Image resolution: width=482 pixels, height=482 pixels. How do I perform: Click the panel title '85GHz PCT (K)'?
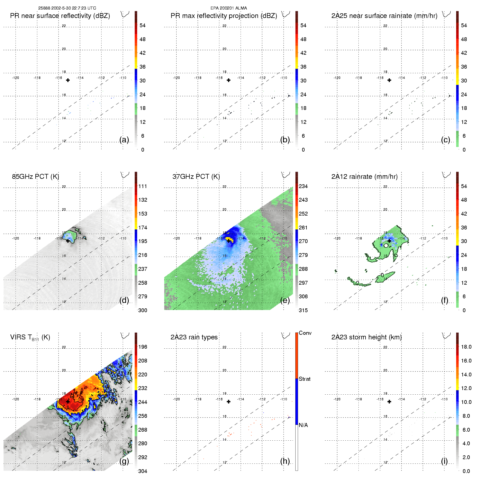click(x=35, y=177)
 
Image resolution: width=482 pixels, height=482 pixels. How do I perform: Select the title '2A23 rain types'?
click(x=194, y=337)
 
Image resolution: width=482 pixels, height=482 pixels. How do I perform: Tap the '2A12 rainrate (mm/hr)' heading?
click(x=364, y=177)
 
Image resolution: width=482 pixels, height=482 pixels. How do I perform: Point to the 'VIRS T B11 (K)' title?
click(x=30, y=337)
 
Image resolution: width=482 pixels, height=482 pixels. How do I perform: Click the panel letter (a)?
click(x=124, y=140)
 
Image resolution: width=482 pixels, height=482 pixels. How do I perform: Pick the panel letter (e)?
click(x=285, y=300)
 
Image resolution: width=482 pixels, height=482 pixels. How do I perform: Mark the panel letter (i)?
click(x=444, y=461)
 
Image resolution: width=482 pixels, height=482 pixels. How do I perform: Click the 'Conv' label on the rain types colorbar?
click(x=305, y=333)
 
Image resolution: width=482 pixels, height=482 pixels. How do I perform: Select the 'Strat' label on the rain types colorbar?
click(x=305, y=379)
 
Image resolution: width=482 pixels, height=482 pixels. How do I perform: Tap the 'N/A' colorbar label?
click(x=303, y=425)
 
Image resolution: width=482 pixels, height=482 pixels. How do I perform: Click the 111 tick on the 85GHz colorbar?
click(x=143, y=186)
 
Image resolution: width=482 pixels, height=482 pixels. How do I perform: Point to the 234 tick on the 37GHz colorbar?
click(x=303, y=186)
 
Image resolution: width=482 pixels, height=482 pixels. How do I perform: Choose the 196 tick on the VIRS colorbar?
click(x=143, y=347)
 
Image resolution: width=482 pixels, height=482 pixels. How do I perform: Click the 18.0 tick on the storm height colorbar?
click(x=466, y=347)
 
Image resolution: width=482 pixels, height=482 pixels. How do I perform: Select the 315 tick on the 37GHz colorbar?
click(x=303, y=310)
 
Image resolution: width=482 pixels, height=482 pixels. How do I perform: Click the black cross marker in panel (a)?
click(x=68, y=80)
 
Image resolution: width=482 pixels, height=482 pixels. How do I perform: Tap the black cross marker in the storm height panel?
click(x=389, y=402)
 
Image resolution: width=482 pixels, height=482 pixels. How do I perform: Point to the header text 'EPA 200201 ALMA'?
click(x=229, y=8)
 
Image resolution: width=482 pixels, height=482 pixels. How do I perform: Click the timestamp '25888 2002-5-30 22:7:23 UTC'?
click(x=67, y=8)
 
